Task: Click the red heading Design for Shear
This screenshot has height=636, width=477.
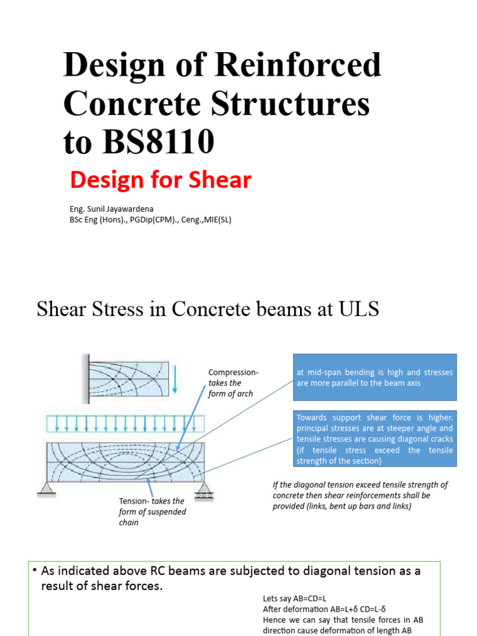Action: coord(160,180)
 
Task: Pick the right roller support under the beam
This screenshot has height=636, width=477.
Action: coord(203,493)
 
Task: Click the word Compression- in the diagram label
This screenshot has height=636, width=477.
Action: coord(233,373)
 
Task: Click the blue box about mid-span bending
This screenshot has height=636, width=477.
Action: coord(375,378)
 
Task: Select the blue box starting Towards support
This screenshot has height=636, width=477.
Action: coord(375,438)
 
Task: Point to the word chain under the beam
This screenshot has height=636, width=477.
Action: coord(129,522)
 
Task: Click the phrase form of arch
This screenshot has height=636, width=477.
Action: coord(230,394)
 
